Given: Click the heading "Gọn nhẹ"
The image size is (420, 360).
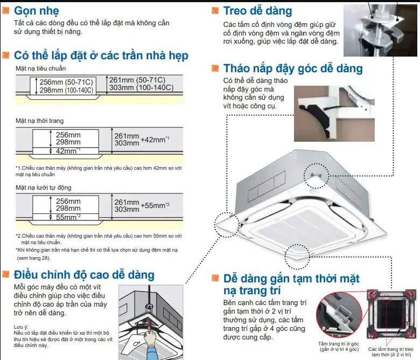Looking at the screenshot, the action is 37,11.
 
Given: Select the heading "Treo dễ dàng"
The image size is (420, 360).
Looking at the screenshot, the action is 258,11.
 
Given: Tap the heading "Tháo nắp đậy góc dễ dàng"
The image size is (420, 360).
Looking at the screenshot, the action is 293,68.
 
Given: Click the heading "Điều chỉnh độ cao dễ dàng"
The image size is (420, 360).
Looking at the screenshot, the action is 84,275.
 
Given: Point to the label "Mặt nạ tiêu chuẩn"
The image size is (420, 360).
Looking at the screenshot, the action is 40,68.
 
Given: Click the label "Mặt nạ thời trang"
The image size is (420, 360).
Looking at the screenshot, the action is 40,121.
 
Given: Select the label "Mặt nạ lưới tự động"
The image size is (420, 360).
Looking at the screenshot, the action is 44,188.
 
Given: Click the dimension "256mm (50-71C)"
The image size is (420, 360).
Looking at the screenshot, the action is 66,82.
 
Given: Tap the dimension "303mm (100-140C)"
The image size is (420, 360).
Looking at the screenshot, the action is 142,88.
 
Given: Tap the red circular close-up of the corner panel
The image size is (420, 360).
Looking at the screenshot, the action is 339,315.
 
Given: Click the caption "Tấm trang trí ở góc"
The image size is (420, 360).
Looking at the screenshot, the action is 339,344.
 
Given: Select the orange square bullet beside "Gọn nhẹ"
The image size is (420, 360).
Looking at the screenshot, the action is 5,10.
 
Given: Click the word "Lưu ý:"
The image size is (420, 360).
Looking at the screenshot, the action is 21,327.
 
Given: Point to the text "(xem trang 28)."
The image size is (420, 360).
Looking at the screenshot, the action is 33,258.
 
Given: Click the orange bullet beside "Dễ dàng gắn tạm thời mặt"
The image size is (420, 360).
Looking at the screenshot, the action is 215,278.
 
